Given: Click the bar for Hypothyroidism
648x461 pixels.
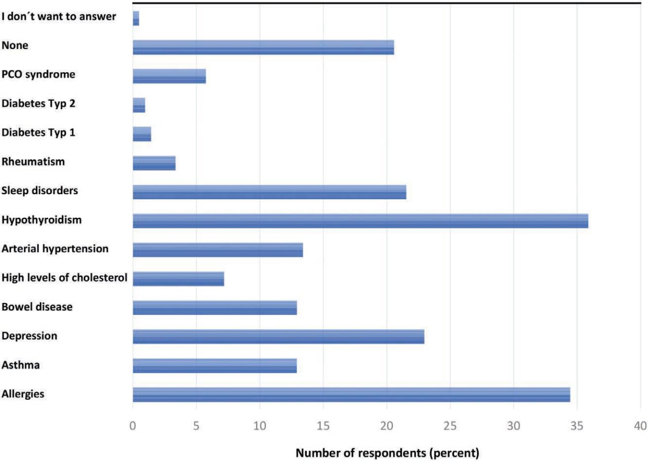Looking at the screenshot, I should (x=360, y=221).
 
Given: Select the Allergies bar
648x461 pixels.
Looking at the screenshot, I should (x=351, y=394).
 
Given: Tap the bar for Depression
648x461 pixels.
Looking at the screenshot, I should (x=278, y=337).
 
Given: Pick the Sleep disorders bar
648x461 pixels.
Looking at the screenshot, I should (x=269, y=192).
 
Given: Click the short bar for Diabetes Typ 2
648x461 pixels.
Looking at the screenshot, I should (x=139, y=105).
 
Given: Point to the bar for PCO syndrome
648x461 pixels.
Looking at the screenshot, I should (x=169, y=76).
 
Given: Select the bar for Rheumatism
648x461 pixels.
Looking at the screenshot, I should (x=154, y=163).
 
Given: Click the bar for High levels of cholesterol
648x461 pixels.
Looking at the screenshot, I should (x=178, y=278).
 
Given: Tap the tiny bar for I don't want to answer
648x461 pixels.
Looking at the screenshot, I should (x=136, y=18).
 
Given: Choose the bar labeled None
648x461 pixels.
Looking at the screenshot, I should (x=263, y=47).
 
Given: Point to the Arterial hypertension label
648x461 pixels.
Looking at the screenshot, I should (x=55, y=249).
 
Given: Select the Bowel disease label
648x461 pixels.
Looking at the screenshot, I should (x=37, y=307).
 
